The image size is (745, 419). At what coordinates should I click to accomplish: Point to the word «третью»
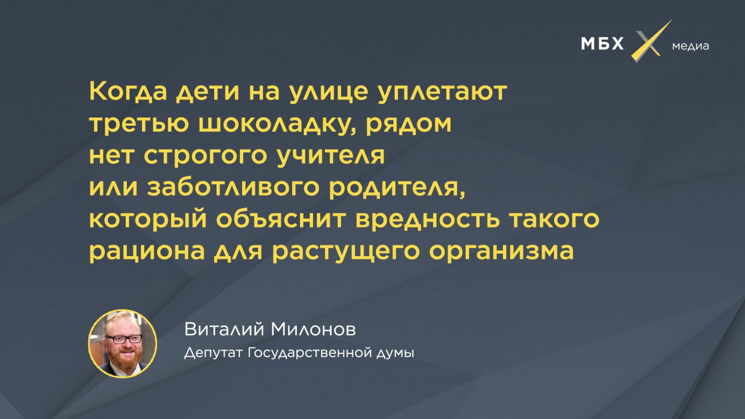pyautogui.click(x=139, y=124)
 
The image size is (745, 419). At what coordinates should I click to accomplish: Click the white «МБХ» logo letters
pyautogui.click(x=602, y=44)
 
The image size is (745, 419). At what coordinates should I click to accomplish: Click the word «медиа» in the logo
pyautogui.click(x=690, y=46)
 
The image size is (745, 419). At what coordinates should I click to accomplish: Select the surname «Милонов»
pyautogui.click(x=313, y=330)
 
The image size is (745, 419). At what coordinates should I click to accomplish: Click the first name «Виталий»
pyautogui.click(x=224, y=329)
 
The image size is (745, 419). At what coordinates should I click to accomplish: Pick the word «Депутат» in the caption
pyautogui.click(x=214, y=353)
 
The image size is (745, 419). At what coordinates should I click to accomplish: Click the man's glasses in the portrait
pyautogui.click(x=123, y=339)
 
